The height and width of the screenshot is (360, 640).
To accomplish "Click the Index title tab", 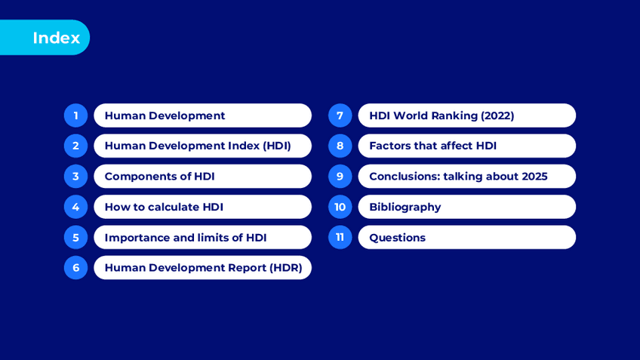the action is (x=45, y=38).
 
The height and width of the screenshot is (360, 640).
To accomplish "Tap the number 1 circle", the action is (x=76, y=115).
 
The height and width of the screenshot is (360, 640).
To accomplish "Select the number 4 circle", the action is (x=76, y=207).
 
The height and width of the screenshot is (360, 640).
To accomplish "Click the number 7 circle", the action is (x=340, y=115).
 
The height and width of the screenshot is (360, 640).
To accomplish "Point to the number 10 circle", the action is (x=340, y=207).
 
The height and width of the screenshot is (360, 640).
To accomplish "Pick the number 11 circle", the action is (x=340, y=237).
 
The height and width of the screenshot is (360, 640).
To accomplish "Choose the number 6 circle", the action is (x=76, y=268).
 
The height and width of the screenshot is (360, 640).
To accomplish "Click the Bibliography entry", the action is (x=467, y=207).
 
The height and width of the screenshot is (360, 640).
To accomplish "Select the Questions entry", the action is (x=467, y=237).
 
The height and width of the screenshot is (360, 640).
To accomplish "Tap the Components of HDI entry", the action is (x=202, y=177).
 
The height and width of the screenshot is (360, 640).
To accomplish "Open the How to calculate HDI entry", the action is (x=202, y=207).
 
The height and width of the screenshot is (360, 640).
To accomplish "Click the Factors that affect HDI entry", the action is (x=467, y=146).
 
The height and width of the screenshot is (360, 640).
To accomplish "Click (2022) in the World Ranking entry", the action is (x=497, y=115).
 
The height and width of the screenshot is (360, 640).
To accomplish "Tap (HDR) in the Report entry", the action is (x=285, y=268).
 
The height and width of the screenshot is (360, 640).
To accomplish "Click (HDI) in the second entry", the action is (x=277, y=146).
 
